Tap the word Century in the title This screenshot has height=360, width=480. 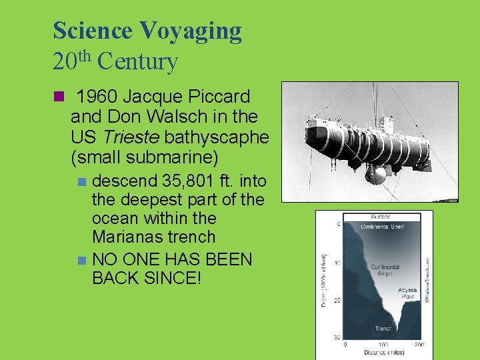pyautogui.click(x=137, y=62)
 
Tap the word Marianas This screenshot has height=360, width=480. pyautogui.click(x=126, y=237)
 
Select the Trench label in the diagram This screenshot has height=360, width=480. pyautogui.click(x=383, y=328)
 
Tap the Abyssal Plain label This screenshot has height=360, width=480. pyautogui.click(x=407, y=294)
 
